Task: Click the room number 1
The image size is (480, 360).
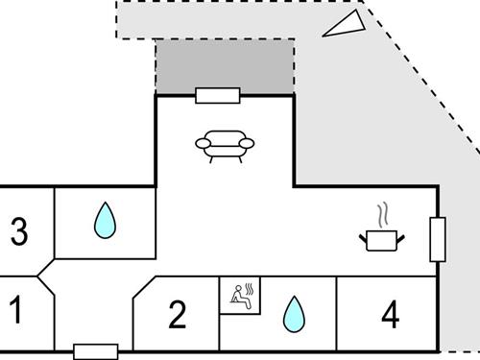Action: click(x=15, y=309)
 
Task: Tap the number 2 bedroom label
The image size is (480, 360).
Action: click(x=177, y=314)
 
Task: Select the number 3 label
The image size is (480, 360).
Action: click(x=18, y=231)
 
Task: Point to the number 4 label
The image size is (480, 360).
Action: click(x=389, y=314)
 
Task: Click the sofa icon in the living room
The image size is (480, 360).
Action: click(x=225, y=145)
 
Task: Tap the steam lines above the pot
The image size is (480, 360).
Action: click(x=383, y=212)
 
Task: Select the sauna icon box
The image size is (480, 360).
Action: click(x=240, y=296)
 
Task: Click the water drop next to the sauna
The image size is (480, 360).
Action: click(x=293, y=313)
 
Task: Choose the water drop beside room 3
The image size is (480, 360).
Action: click(x=104, y=222)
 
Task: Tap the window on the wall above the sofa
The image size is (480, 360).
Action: click(x=217, y=95)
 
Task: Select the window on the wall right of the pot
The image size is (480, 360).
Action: click(x=438, y=239)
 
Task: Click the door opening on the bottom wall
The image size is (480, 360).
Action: click(x=95, y=351)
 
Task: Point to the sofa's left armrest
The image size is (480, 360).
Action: click(x=203, y=144)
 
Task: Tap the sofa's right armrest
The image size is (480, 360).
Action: click(x=247, y=144)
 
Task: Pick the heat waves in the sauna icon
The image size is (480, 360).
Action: click(x=250, y=288)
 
